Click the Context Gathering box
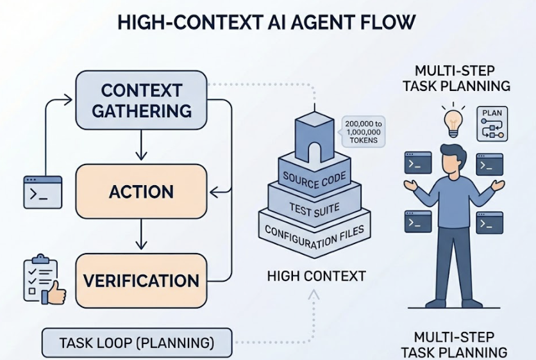tap(141, 100)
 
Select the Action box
tap(141, 192)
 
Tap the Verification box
tap(141, 281)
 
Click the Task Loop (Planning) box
tap(137, 343)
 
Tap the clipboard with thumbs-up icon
tap(40, 279)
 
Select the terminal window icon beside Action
tap(43, 192)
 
